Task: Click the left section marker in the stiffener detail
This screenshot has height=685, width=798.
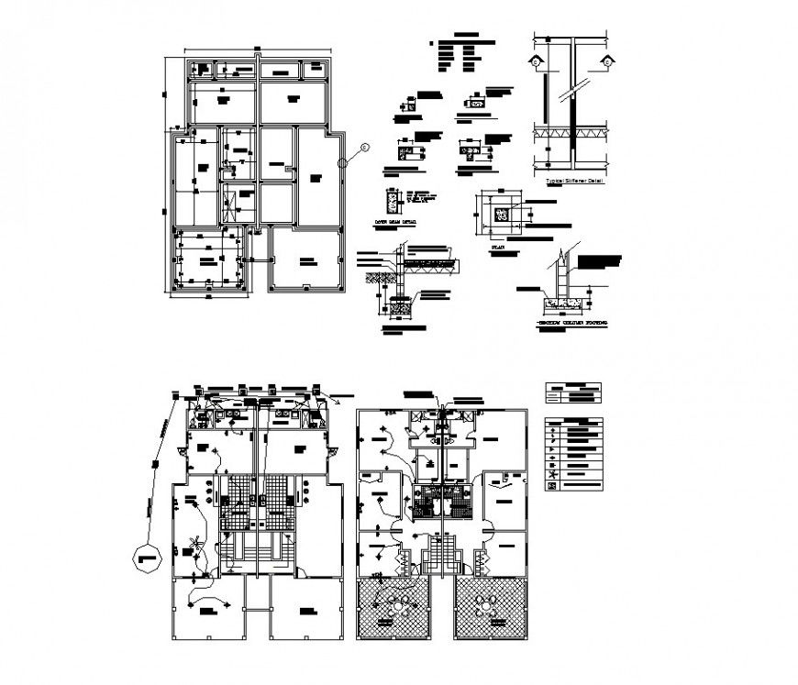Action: [x=535, y=61]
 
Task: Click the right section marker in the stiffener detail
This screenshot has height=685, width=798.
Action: [x=606, y=61]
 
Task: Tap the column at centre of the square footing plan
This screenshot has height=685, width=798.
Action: [x=501, y=214]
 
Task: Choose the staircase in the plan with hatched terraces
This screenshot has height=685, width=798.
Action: [x=441, y=558]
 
